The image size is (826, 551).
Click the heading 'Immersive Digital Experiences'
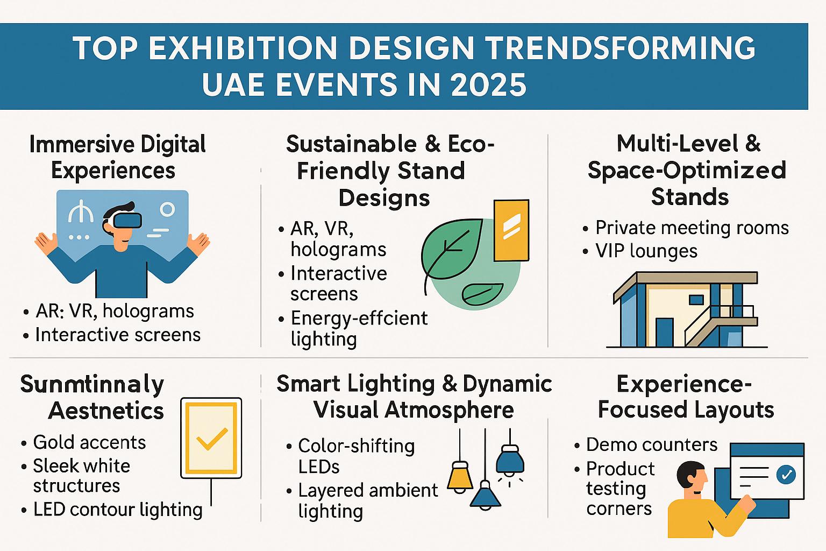pyautogui.click(x=117, y=157)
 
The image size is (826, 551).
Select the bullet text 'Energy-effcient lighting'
pyautogui.click(x=358, y=328)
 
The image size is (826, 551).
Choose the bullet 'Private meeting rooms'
pyautogui.click(x=692, y=228)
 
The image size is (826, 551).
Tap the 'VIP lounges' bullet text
pyautogui.click(x=646, y=251)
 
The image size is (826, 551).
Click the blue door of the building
pyautogui.click(x=664, y=332)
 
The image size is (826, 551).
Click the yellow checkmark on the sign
pyautogui.click(x=211, y=439)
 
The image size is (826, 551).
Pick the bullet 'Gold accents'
pyautogui.click(x=89, y=442)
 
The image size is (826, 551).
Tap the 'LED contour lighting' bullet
pyautogui.click(x=117, y=509)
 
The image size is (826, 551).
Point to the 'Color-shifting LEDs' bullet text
pyautogui.click(x=355, y=456)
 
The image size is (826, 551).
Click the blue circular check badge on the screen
pyautogui.click(x=786, y=475)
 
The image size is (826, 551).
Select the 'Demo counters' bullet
pyautogui.click(x=651, y=444)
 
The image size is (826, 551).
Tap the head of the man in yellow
pyautogui.click(x=690, y=477)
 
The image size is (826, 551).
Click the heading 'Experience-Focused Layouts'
pyautogui.click(x=685, y=397)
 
